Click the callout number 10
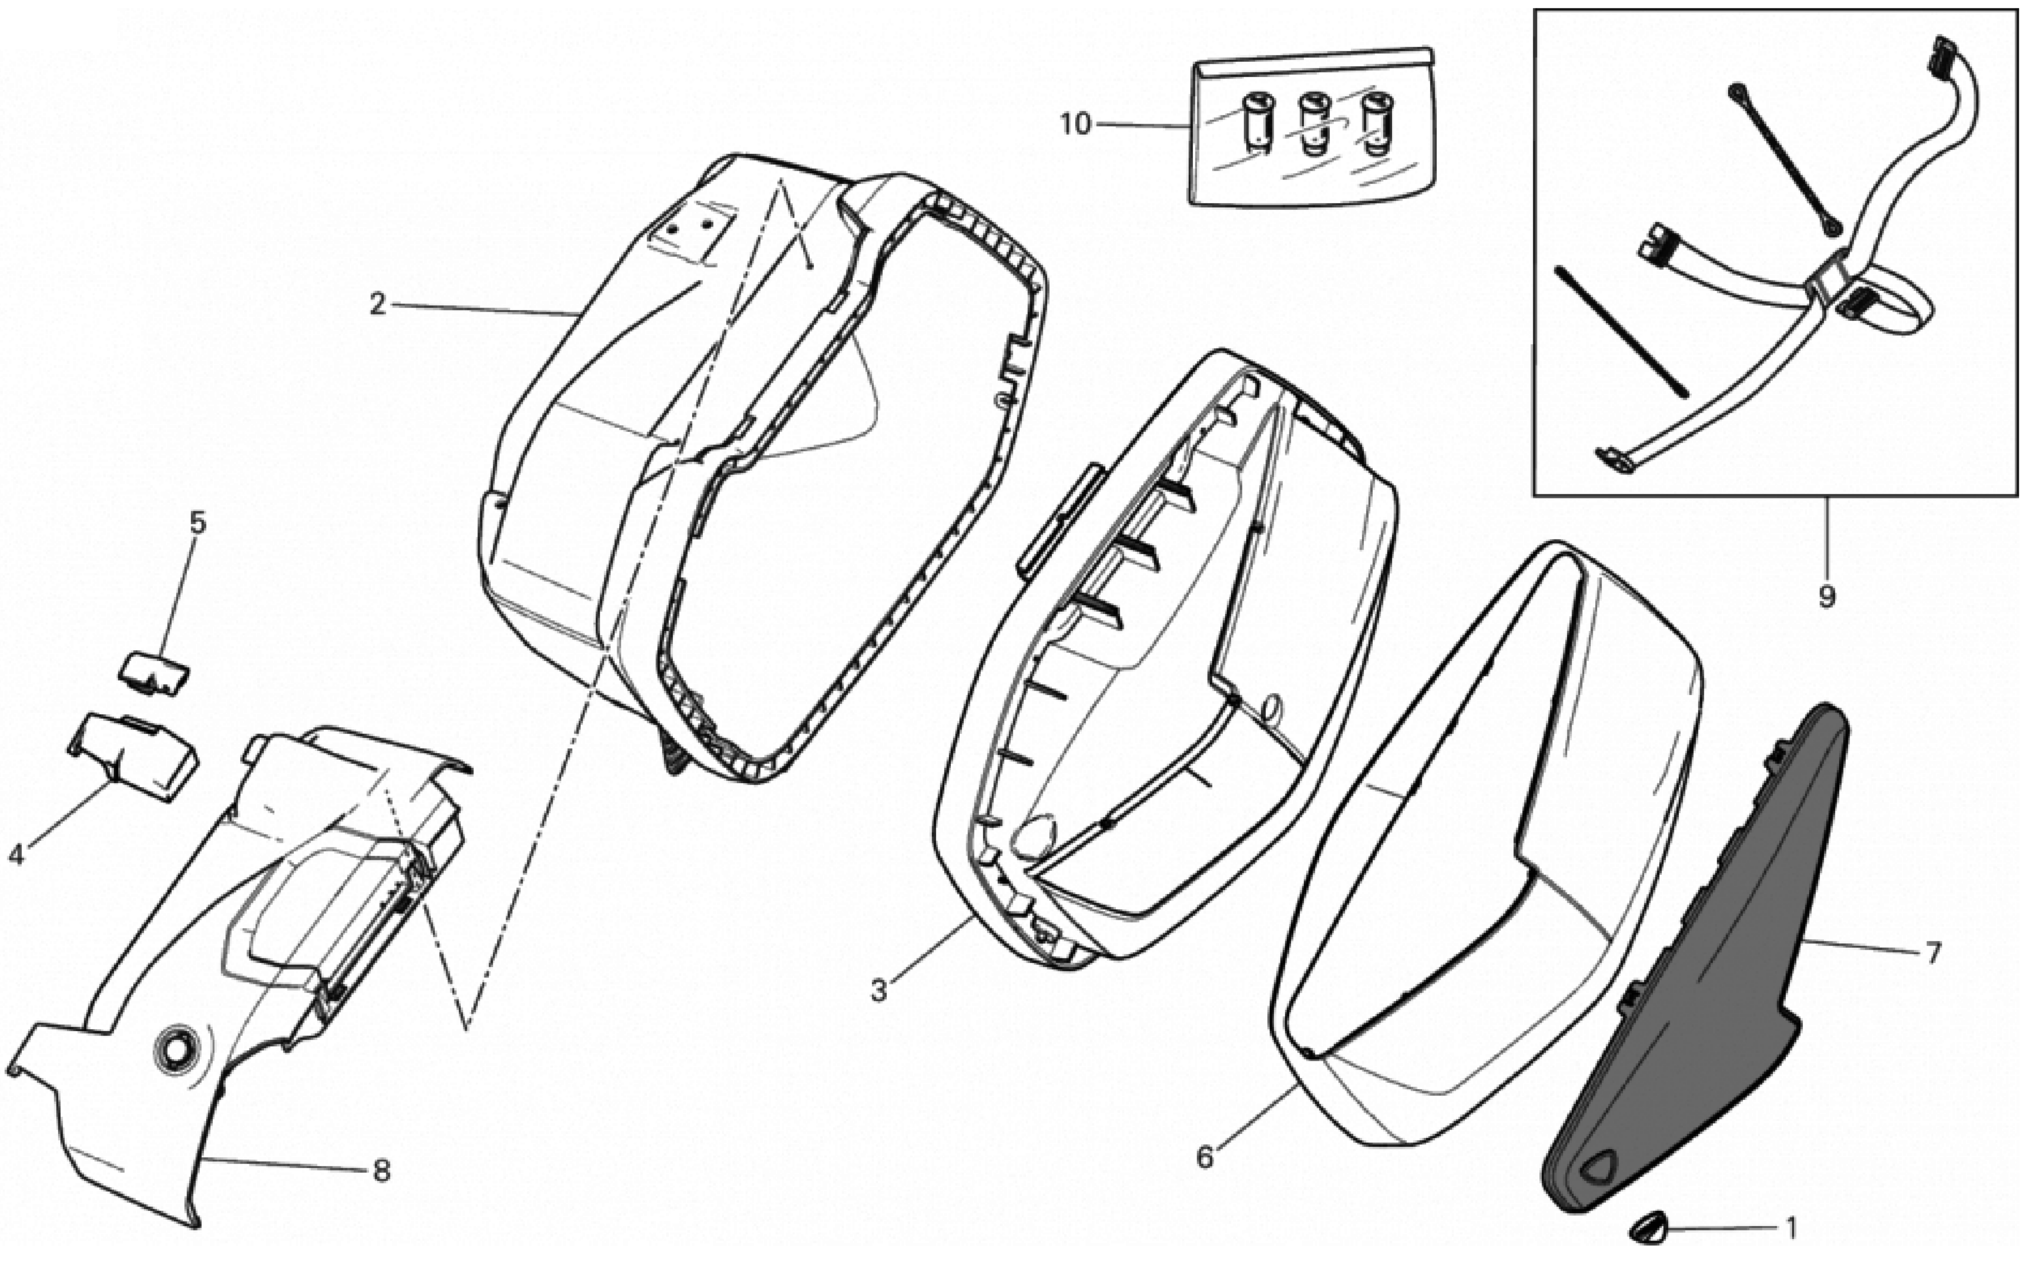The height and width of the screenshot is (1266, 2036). pyautogui.click(x=1076, y=125)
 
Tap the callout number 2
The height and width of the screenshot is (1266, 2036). pyautogui.click(x=378, y=304)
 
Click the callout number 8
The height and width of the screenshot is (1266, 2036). pyautogui.click(x=382, y=1171)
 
